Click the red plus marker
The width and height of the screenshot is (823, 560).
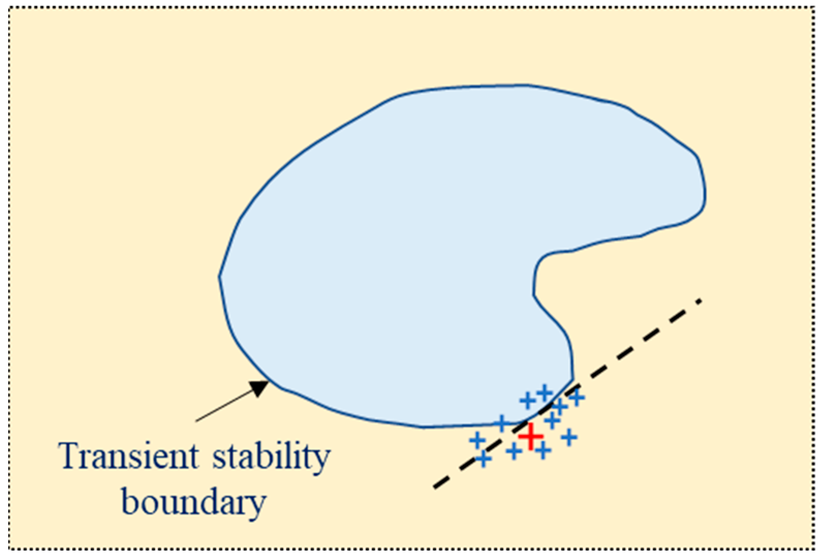click(531, 437)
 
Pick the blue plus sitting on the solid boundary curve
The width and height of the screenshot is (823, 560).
click(501, 423)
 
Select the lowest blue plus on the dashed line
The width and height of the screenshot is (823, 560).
click(483, 458)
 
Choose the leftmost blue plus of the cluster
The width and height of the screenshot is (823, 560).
click(477, 441)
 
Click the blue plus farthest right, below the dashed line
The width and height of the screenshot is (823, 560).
click(569, 438)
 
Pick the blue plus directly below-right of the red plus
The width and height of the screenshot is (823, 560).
click(543, 452)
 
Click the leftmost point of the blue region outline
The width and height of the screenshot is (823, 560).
click(219, 276)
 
